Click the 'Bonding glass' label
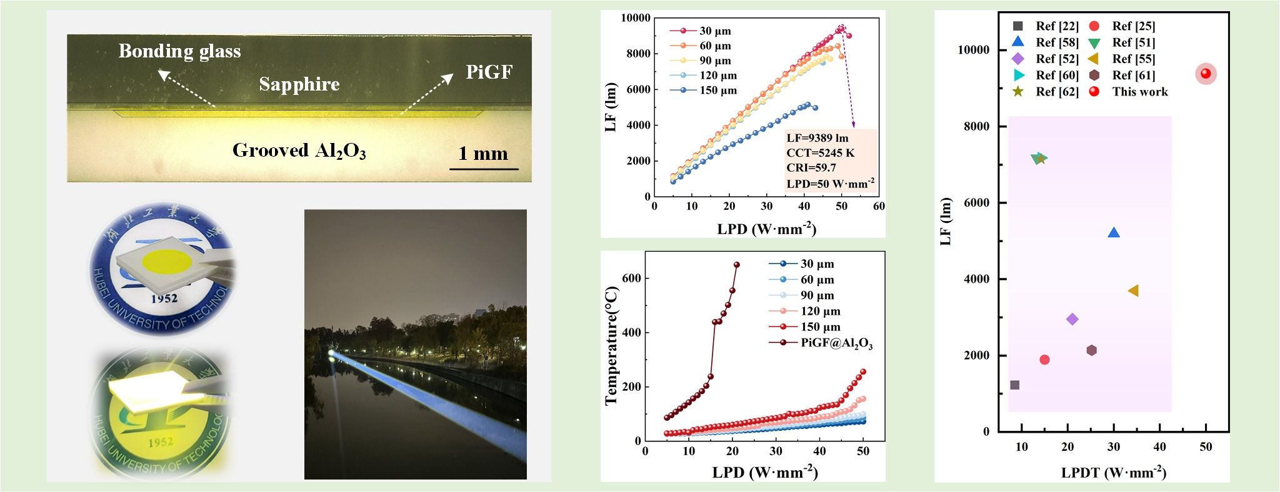point(179,51)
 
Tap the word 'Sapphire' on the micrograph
point(299,84)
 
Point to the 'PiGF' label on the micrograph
point(489,72)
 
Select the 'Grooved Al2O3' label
point(299,150)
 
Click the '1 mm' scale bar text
point(483,154)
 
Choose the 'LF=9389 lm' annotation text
point(817,138)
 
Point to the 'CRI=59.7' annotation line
point(811,168)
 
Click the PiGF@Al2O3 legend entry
point(836,343)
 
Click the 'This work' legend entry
point(1139,92)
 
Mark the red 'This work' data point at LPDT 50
point(1206,74)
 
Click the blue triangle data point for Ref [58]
point(1113,233)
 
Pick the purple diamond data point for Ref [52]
point(1072,319)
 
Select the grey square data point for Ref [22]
point(1014,385)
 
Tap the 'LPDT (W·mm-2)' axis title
point(1113,473)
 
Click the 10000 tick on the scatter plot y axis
point(974,50)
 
